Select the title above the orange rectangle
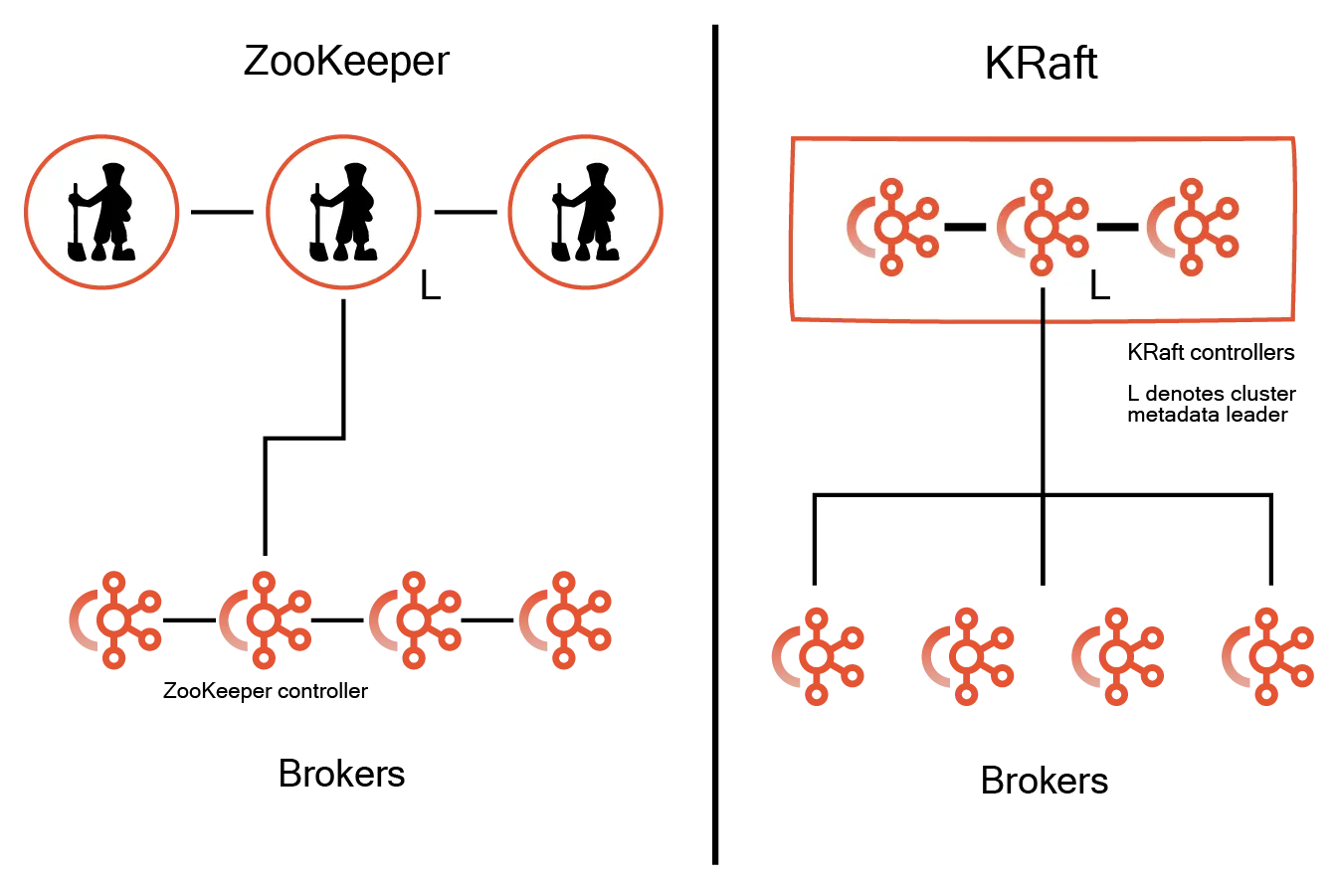pyautogui.click(x=1042, y=63)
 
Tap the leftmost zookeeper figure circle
pyautogui.click(x=101, y=211)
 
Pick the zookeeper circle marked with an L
pyautogui.click(x=343, y=211)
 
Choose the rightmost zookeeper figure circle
pyautogui.click(x=586, y=211)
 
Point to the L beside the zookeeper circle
pyautogui.click(x=432, y=284)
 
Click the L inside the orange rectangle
pyautogui.click(x=1098, y=286)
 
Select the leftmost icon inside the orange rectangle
pyautogui.click(x=892, y=227)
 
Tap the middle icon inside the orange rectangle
pyautogui.click(x=1042, y=227)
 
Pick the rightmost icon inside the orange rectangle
pyautogui.click(x=1192, y=227)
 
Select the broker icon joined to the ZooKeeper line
pyautogui.click(x=264, y=618)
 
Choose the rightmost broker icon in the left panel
pyautogui.click(x=565, y=618)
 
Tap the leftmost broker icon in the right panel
pyautogui.click(x=818, y=656)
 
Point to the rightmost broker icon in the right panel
pyautogui.click(x=1267, y=656)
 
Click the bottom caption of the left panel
pyautogui.click(x=342, y=773)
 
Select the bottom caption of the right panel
pyautogui.click(x=1045, y=781)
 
